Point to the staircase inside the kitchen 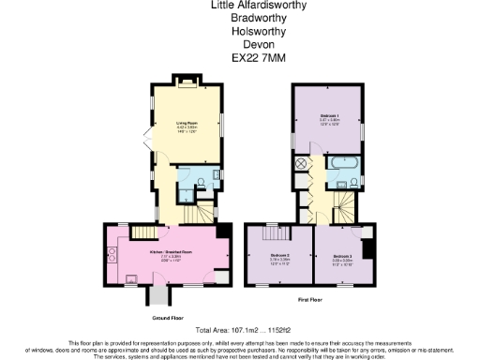(x=142, y=232)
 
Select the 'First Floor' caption (x=311, y=300)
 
